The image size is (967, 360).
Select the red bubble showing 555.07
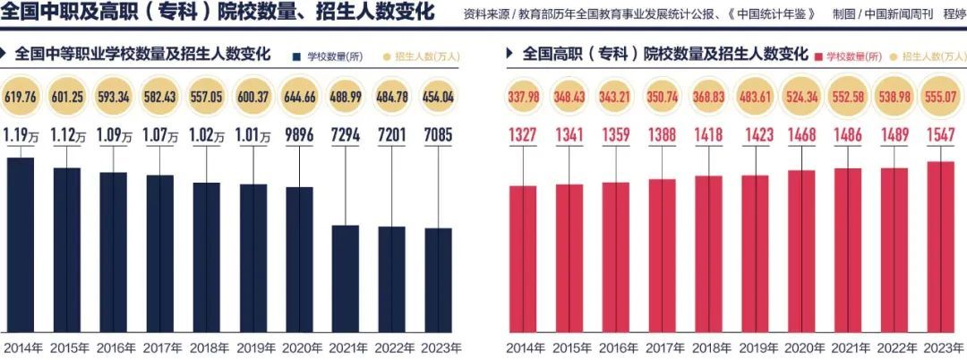(940, 97)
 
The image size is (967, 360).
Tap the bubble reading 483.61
(755, 97)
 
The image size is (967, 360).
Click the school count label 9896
(299, 135)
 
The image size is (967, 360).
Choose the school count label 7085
(439, 135)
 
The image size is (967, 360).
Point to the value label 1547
(940, 135)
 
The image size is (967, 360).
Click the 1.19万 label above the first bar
(20, 135)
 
